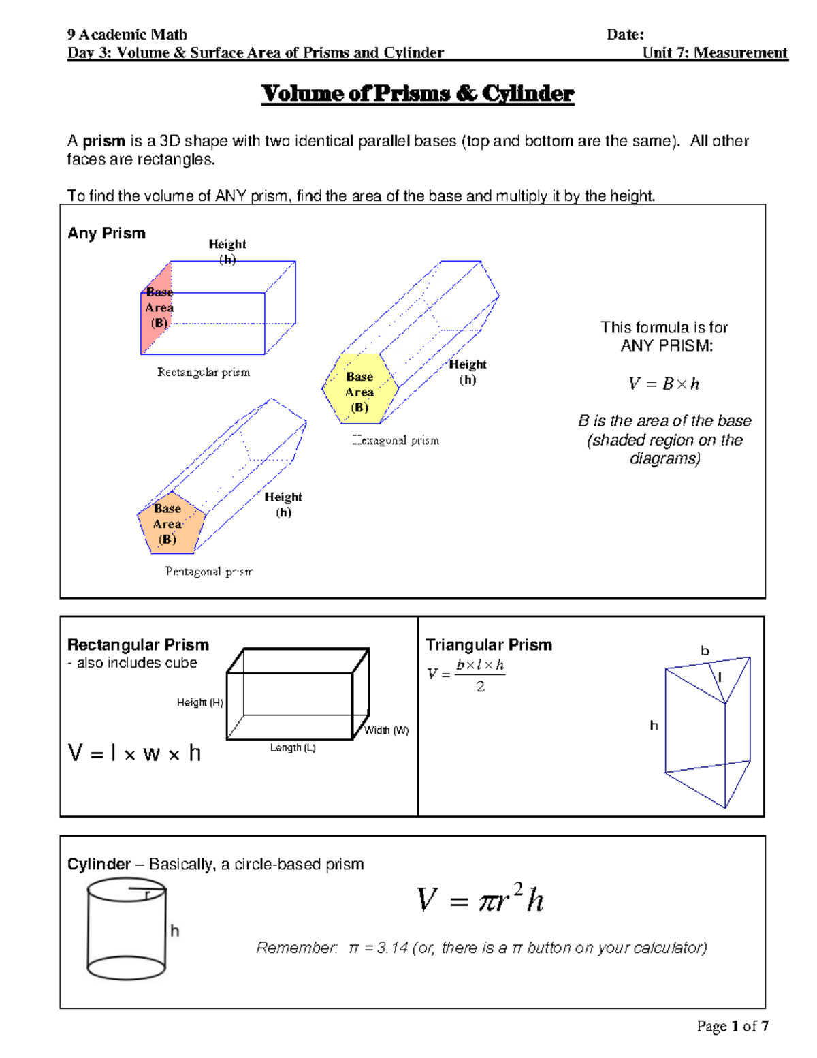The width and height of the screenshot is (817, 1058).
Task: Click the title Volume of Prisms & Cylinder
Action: tap(417, 93)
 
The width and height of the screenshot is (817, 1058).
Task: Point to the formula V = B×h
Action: tap(664, 384)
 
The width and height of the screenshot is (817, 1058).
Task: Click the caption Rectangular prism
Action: tap(204, 372)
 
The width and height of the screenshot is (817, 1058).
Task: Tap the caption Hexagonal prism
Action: tap(396, 440)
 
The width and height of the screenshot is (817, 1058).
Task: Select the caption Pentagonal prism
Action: tap(208, 572)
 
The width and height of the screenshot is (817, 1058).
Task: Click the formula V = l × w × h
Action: tap(134, 753)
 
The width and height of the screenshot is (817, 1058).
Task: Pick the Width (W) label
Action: tap(386, 730)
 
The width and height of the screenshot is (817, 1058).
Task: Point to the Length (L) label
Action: tap(293, 747)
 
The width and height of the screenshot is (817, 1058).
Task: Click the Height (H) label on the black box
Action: tap(199, 702)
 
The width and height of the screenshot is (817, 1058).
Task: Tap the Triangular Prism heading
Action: tap(489, 644)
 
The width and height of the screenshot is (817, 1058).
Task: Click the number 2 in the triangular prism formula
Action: tap(481, 687)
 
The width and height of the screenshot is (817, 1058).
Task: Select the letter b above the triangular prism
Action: tap(705, 651)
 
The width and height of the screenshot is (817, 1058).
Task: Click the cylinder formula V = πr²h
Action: tap(480, 899)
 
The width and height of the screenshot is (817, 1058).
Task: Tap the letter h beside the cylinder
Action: tap(175, 931)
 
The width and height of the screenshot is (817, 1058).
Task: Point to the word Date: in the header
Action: tap(625, 35)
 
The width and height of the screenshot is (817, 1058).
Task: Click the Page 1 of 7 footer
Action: tap(733, 1026)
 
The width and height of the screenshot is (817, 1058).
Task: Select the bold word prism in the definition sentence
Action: tap(103, 141)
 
